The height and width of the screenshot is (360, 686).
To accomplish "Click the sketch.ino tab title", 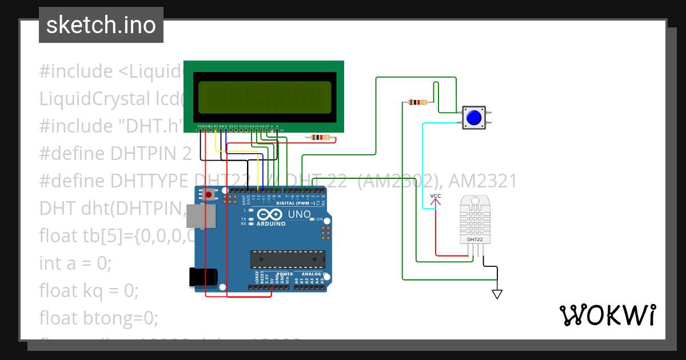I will [x=101, y=25].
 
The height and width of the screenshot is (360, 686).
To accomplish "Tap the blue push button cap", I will [x=473, y=118].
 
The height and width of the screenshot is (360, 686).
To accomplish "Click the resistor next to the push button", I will [x=418, y=103].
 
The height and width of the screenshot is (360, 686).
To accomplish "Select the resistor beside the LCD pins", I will [x=318, y=137].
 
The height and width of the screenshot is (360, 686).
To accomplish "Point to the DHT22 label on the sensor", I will [x=474, y=239].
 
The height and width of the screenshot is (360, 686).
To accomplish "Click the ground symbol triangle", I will [x=497, y=294].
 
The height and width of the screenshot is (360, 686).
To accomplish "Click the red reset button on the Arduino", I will [x=209, y=195].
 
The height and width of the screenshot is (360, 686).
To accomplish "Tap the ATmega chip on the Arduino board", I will [x=288, y=259].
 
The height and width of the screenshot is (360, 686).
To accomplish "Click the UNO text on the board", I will [x=298, y=215].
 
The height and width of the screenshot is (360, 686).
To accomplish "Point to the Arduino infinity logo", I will [x=269, y=215].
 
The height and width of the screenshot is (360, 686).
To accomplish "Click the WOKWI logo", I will [x=607, y=315].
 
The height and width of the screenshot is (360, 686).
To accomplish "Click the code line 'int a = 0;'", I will [x=75, y=263].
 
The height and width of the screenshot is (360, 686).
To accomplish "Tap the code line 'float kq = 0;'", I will [x=89, y=291].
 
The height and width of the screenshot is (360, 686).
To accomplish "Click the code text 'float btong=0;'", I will [x=98, y=318].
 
